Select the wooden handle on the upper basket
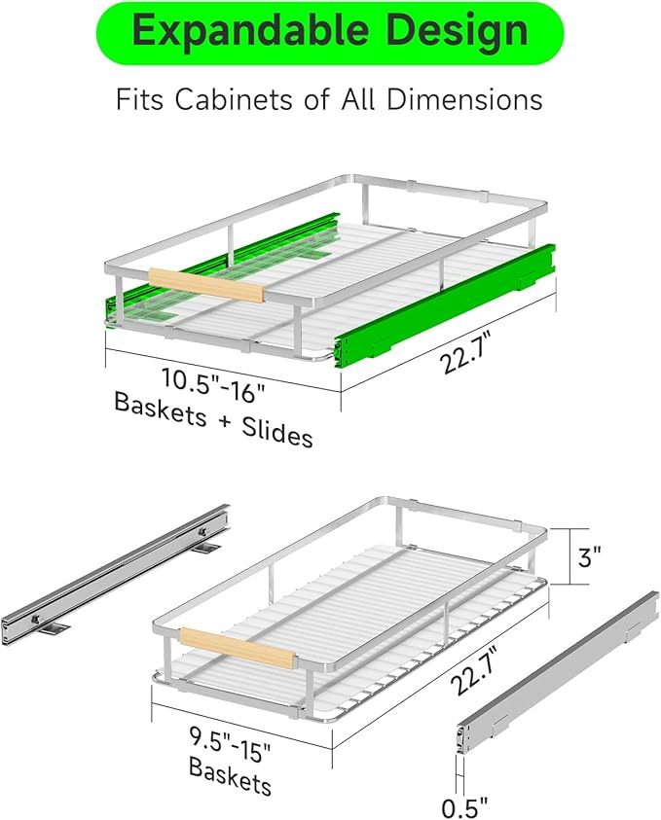coord(206,286)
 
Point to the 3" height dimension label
coord(589,556)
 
